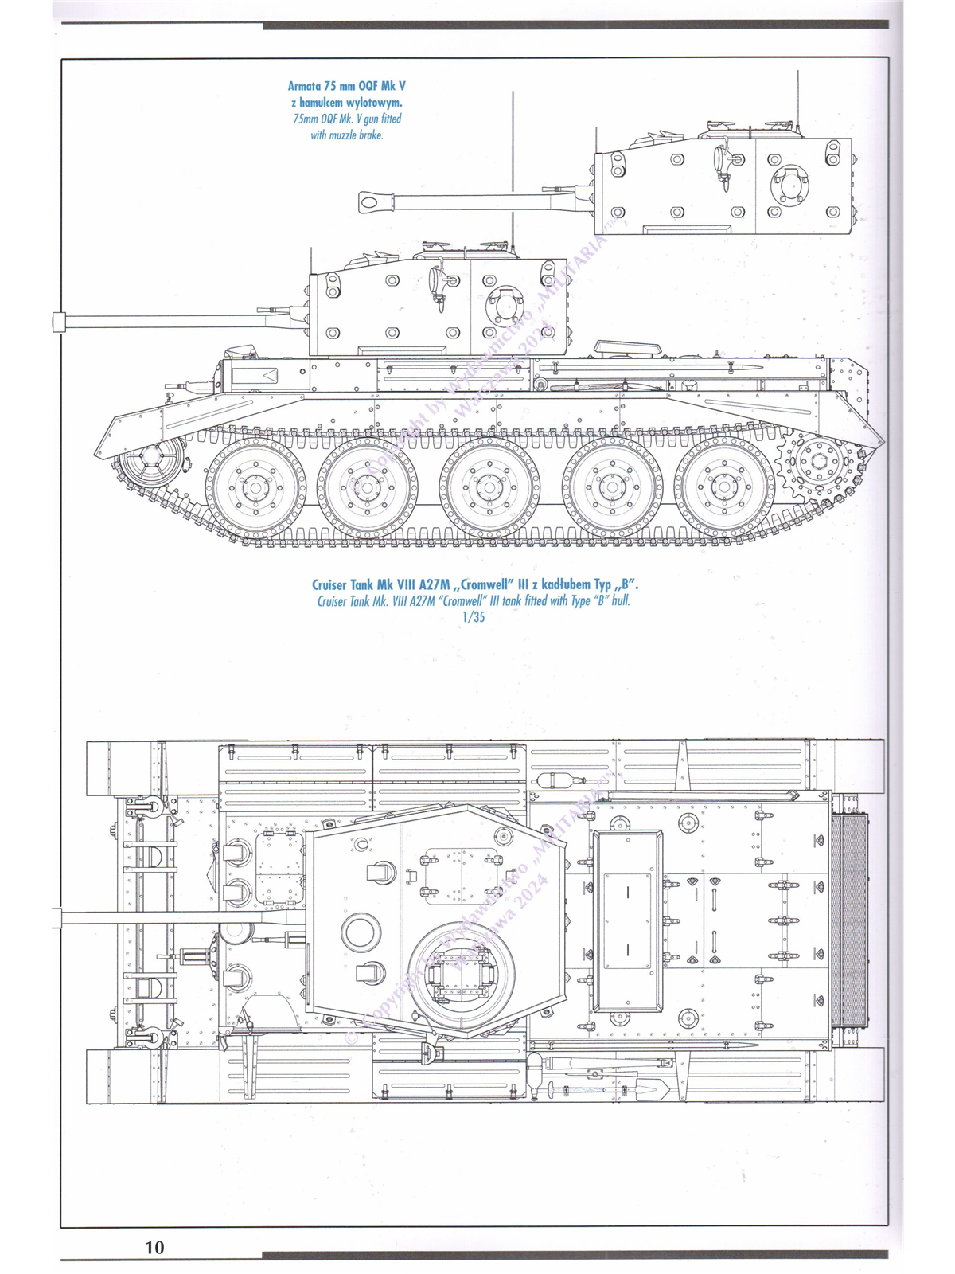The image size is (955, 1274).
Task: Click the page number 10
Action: coord(154,1246)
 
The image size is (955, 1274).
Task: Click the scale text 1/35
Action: coord(473,617)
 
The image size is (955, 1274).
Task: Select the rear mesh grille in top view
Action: coord(850,920)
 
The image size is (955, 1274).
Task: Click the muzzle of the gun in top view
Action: coord(57,917)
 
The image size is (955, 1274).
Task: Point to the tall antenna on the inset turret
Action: coord(796,100)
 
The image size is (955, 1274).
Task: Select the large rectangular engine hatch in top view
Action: coord(628,920)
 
